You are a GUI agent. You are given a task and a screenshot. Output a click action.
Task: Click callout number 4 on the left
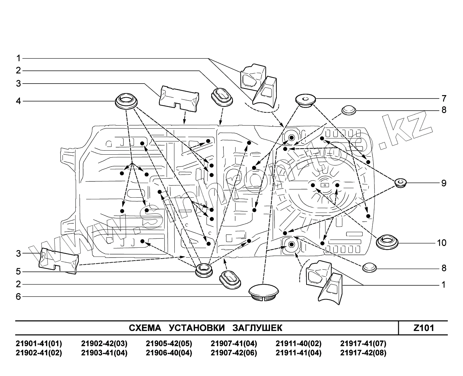19,101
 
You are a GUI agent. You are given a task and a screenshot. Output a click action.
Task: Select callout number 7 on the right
444,98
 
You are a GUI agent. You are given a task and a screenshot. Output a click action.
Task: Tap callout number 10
442,243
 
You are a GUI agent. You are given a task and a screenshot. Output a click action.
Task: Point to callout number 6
19,297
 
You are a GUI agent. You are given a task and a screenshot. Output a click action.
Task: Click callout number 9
444,183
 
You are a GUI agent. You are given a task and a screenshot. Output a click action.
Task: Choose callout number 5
19,271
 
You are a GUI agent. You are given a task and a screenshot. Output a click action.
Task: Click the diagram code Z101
424,328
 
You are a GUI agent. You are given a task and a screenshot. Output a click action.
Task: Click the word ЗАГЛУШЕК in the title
257,328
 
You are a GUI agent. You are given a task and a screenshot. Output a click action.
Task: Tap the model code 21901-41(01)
39,344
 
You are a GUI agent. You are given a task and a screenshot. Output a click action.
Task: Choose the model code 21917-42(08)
363,353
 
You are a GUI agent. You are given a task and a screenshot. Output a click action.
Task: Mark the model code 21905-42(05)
169,344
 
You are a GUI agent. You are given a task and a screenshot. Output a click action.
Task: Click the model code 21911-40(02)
299,344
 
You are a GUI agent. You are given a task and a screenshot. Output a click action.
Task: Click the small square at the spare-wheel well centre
325,185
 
